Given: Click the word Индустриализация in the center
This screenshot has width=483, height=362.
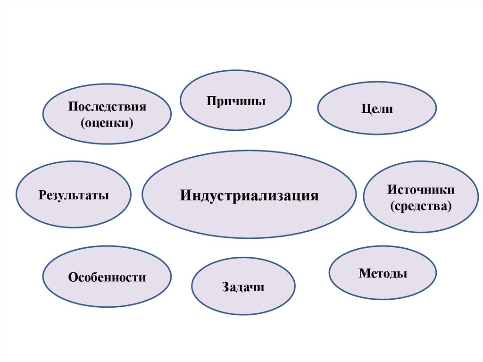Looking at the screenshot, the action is (249, 195).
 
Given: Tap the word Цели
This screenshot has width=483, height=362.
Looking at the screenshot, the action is (377, 109).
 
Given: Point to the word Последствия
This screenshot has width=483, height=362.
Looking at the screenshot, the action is (107, 106).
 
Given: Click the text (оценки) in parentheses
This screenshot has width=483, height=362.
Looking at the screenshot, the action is (107, 123).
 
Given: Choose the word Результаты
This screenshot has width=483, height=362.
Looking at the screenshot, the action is (74, 195).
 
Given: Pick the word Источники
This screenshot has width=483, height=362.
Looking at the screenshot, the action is (421, 190).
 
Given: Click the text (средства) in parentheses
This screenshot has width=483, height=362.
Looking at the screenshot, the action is (421, 206).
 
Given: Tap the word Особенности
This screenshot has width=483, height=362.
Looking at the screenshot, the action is (107, 278).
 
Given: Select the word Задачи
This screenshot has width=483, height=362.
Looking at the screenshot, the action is (243, 287).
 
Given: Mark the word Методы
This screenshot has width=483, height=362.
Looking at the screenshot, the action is (383, 273).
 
